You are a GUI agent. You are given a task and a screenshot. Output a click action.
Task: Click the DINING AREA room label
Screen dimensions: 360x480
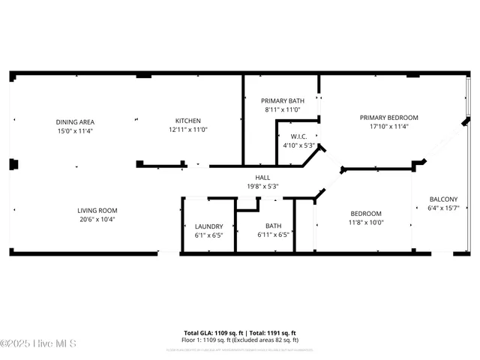click(x=75, y=121)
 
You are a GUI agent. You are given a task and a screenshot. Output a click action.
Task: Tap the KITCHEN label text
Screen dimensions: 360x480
click(x=187, y=121)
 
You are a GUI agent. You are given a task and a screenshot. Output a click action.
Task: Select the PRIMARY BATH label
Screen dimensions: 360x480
click(x=282, y=100)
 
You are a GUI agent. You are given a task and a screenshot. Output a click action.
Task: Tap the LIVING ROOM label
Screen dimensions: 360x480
click(x=97, y=211)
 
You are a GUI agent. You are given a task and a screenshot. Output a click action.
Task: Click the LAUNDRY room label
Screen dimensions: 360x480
click(x=208, y=226)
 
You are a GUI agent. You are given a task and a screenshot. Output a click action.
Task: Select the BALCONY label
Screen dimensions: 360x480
click(x=443, y=199)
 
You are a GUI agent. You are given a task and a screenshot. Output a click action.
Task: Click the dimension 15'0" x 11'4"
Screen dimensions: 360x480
click(x=75, y=130)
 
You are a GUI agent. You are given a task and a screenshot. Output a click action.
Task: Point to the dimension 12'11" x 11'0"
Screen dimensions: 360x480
click(x=187, y=130)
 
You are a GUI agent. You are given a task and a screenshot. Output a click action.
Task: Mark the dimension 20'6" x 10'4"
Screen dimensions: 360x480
click(x=97, y=220)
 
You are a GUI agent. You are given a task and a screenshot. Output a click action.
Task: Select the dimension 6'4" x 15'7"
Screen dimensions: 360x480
click(x=443, y=208)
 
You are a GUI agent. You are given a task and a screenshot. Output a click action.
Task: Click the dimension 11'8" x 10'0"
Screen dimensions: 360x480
click(x=365, y=222)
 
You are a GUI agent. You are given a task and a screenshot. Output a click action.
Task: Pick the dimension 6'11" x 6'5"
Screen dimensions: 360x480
click(x=273, y=235)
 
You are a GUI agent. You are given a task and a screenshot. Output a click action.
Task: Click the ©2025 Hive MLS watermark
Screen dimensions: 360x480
click(x=38, y=344)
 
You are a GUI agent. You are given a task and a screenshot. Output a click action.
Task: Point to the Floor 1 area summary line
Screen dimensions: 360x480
click(x=240, y=339)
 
